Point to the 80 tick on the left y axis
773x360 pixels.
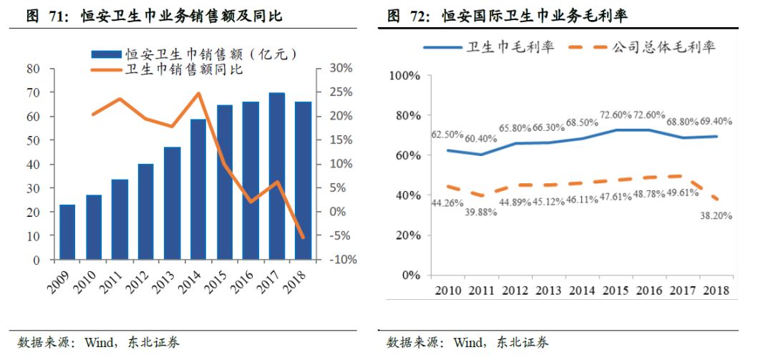click(x=32, y=69)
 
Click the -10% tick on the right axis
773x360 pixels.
click(x=344, y=260)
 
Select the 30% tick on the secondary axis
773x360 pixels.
click(x=341, y=69)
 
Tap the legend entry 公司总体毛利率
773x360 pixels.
click(x=663, y=48)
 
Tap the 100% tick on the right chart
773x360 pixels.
click(x=406, y=75)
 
